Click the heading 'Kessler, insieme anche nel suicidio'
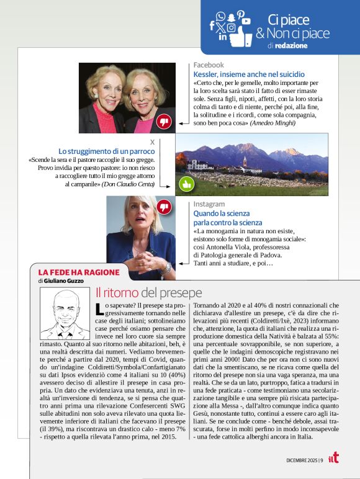tap(249, 74)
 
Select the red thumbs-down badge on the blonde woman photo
tap(164, 207)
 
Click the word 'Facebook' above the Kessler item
tap(209, 65)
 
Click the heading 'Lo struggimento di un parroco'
tap(107, 151)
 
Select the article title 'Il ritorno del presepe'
tap(148, 292)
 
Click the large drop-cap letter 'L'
tap(100, 308)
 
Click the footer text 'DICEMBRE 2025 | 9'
tap(304, 460)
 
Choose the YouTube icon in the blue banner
tap(246, 20)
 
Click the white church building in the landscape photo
tap(244, 164)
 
